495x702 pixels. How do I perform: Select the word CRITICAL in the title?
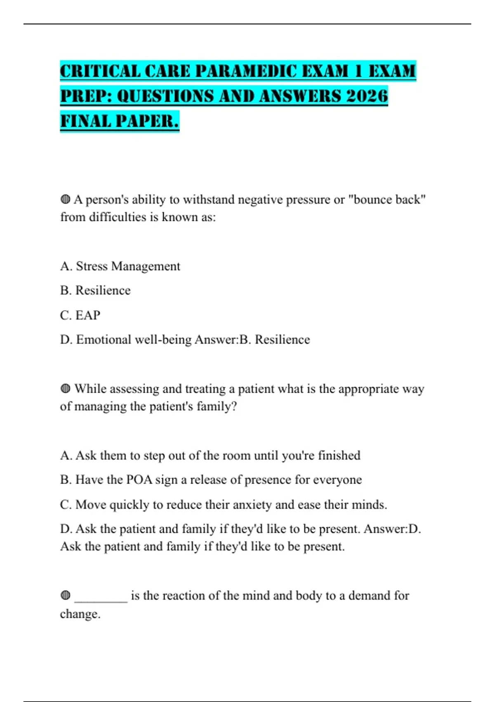click(x=100, y=71)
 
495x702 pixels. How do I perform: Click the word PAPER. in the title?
click(x=147, y=121)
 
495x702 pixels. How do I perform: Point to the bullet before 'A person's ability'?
click(x=65, y=200)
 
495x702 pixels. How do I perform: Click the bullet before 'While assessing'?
click(x=65, y=389)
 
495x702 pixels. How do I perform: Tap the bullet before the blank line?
click(x=65, y=595)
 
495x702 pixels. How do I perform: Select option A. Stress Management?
click(x=120, y=266)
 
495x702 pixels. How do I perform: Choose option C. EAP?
click(x=80, y=315)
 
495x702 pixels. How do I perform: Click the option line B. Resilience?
click(x=95, y=291)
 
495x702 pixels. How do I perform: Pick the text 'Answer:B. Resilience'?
click(x=252, y=340)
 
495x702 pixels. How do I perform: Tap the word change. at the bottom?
click(x=80, y=614)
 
